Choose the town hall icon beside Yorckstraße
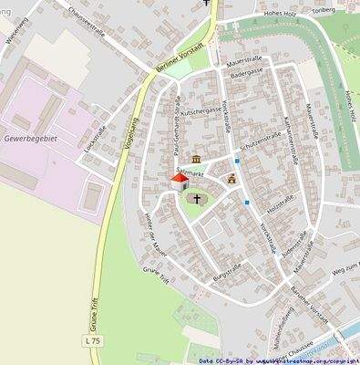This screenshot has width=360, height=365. coord(231,179)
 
